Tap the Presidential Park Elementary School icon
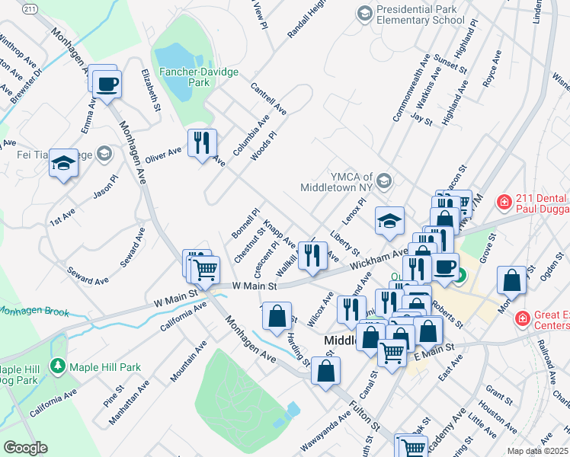(365, 13)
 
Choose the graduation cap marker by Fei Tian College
(64, 162)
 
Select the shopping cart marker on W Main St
(204, 268)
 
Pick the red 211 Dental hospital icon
(503, 202)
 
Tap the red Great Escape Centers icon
(523, 318)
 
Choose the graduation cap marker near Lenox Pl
(389, 220)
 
